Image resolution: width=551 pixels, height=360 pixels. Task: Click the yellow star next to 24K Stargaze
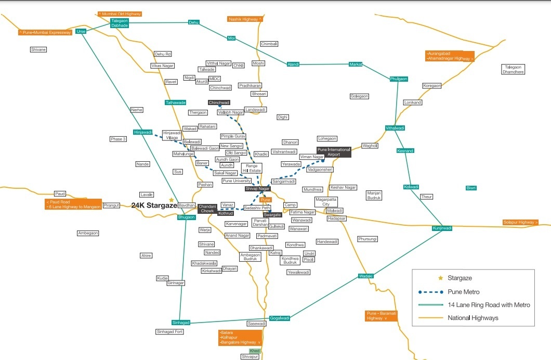(172, 200)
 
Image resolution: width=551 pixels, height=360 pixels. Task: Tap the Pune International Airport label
(334, 152)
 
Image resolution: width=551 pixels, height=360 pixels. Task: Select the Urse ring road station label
(81, 31)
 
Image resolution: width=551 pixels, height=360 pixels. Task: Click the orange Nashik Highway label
(245, 19)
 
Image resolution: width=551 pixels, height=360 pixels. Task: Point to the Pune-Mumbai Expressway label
(45, 32)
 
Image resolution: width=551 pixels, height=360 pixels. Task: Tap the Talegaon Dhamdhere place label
(513, 69)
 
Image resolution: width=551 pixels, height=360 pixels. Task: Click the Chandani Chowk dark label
(207, 209)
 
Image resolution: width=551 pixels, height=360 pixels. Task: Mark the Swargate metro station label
(272, 215)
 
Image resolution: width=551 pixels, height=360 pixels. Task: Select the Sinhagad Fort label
(170, 331)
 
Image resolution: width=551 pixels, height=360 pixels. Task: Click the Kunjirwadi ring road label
(442, 228)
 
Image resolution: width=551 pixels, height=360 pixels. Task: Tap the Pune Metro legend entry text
(463, 292)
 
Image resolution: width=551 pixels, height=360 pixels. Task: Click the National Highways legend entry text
(473, 318)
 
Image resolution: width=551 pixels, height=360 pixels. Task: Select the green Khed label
(255, 351)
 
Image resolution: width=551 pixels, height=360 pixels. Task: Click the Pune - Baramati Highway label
(382, 316)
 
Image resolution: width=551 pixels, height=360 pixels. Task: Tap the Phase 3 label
(118, 139)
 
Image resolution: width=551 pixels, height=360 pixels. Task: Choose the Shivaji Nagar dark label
(258, 188)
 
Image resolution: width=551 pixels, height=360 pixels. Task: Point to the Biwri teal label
(471, 188)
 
